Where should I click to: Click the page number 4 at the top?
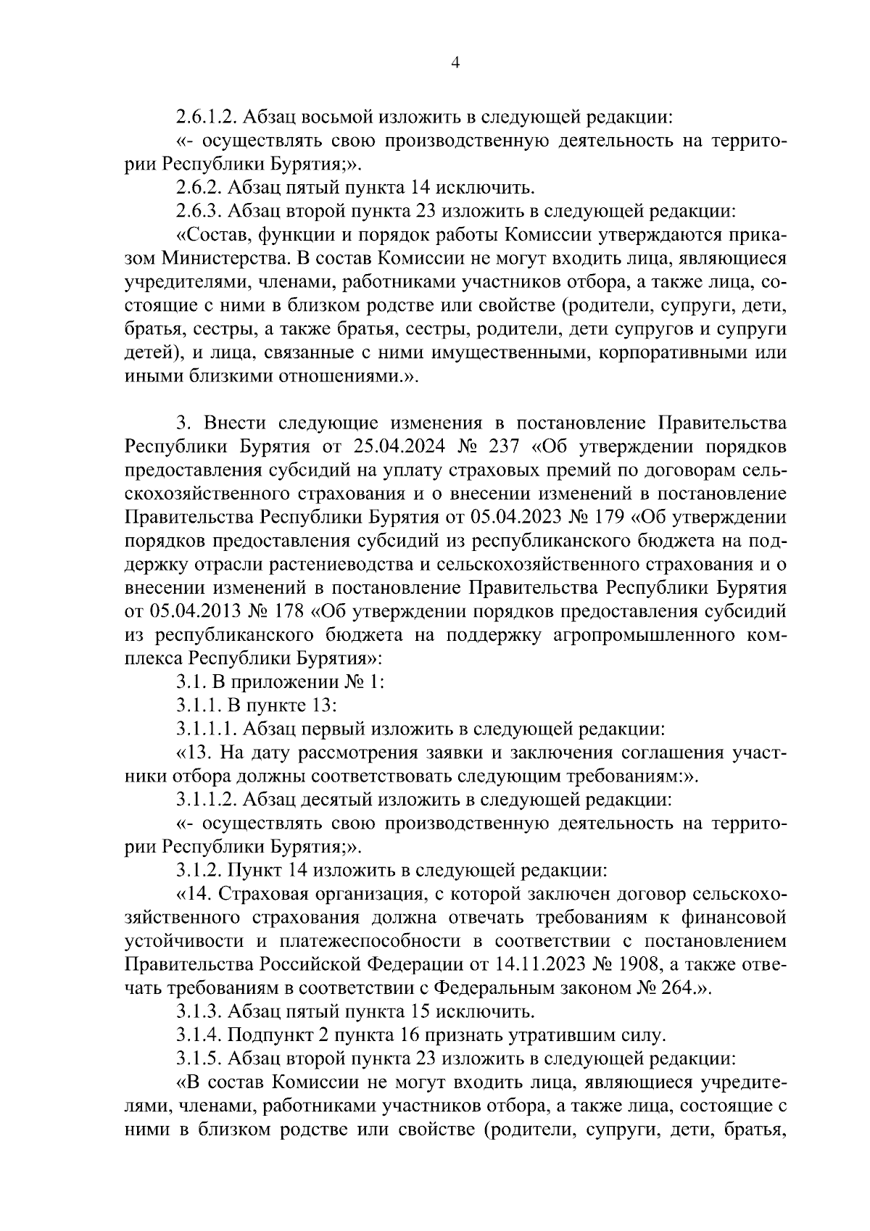coord(455,63)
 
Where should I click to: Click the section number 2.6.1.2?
coord(207,116)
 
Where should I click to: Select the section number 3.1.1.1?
coord(207,729)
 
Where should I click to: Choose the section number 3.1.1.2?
coord(207,800)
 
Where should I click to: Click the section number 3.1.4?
coord(199,1035)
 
